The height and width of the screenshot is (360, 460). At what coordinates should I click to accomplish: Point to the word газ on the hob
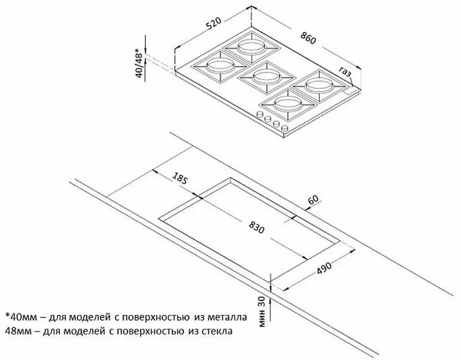click(x=345, y=72)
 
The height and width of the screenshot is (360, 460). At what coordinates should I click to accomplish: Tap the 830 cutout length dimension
click(x=257, y=227)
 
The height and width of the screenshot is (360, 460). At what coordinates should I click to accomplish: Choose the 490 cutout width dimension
click(x=324, y=268)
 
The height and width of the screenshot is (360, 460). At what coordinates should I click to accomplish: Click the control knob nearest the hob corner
click(x=284, y=128)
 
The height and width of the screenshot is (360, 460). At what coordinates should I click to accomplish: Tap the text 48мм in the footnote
click(x=17, y=331)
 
